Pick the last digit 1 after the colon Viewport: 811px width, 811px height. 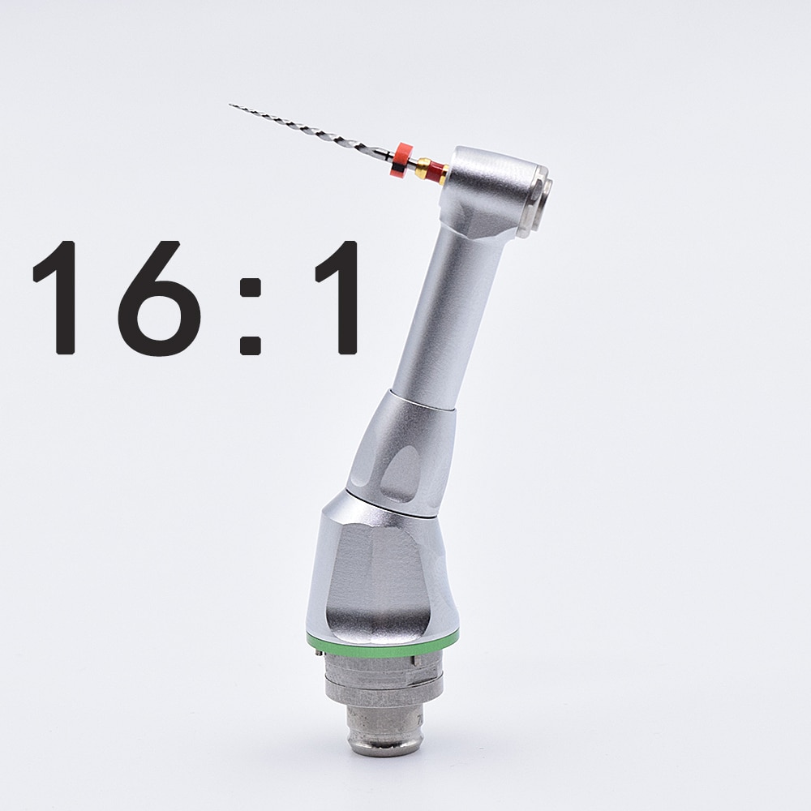pos(339,298)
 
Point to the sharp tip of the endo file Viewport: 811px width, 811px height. pos(232,105)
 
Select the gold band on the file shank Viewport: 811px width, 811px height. pos(423,168)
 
